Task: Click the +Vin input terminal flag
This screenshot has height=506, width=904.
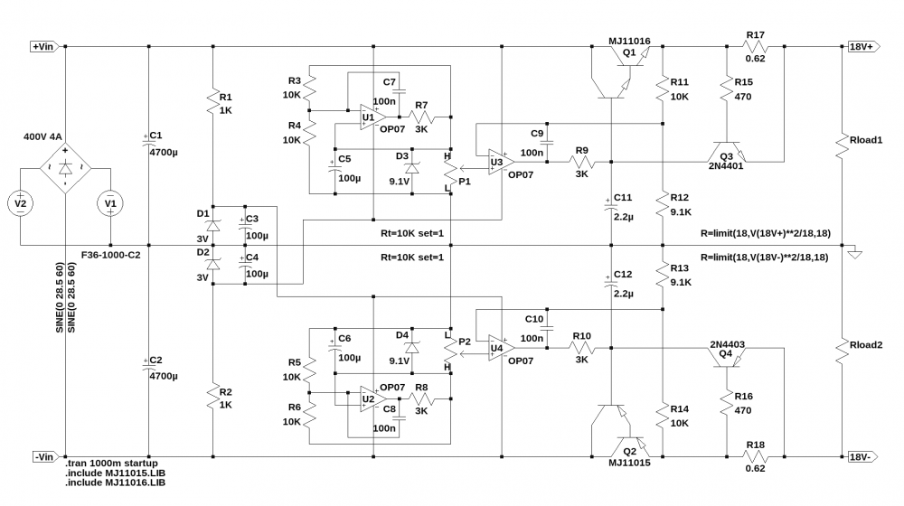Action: click(45, 47)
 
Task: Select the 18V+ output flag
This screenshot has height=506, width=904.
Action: click(863, 47)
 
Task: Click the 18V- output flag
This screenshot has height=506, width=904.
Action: click(862, 457)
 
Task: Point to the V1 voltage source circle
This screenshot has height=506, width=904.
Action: click(110, 203)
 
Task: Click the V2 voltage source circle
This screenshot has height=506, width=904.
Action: click(20, 203)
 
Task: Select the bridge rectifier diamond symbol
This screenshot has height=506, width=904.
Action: click(65, 168)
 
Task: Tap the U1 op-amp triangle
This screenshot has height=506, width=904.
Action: click(372, 117)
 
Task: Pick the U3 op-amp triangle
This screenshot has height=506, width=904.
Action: click(501, 162)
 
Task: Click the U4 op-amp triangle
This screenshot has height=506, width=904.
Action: click(501, 348)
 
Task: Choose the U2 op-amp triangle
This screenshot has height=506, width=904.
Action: click(372, 398)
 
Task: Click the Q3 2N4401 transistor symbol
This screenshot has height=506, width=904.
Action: click(727, 152)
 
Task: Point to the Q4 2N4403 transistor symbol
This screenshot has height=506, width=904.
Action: click(727, 357)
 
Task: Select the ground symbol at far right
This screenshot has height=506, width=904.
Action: click(854, 254)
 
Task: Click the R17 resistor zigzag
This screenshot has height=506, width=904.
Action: click(755, 47)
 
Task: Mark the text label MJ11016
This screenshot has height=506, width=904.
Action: click(629, 41)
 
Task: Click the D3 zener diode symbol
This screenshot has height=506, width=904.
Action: click(411, 168)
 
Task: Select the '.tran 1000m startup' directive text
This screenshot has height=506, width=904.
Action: click(111, 464)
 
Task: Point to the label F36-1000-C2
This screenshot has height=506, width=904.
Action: click(110, 255)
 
